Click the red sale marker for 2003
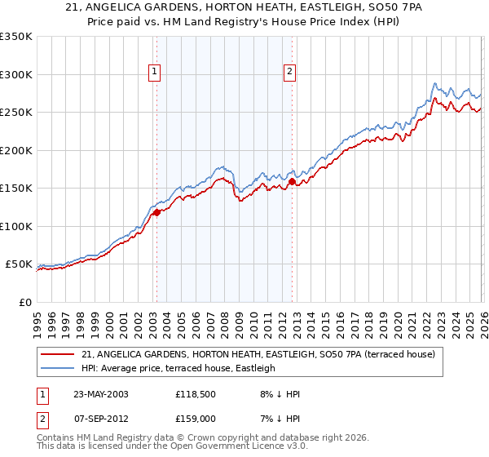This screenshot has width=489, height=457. (x=156, y=212)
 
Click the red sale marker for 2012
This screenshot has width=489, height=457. (x=291, y=182)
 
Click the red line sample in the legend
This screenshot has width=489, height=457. (x=58, y=354)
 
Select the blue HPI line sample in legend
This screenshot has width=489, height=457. (x=58, y=368)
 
